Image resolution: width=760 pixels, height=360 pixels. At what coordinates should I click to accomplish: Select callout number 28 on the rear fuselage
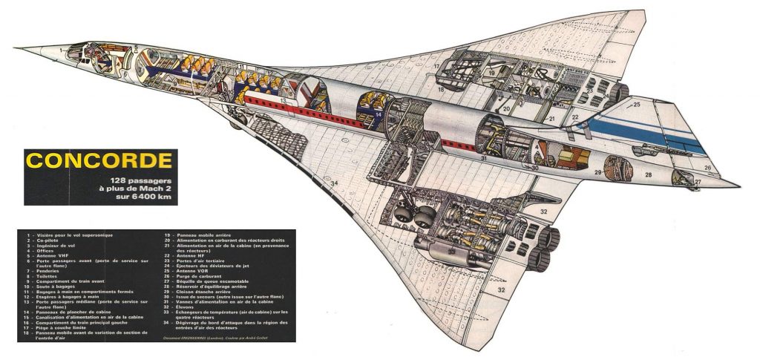click(648, 175)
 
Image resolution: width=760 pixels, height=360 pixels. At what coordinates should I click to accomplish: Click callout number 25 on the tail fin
click(636, 105)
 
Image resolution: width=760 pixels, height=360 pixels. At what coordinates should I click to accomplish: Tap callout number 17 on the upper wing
click(437, 67)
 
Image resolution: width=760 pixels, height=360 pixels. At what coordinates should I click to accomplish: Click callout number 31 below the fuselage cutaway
click(482, 158)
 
